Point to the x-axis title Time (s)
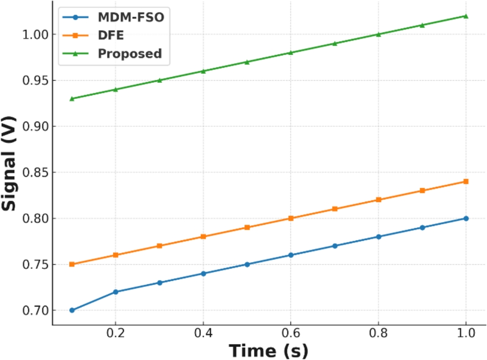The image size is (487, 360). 268,350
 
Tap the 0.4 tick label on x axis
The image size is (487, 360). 203,334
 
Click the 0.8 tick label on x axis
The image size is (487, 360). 378,334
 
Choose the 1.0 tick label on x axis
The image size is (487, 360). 465,334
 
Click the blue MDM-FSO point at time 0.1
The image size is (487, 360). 72,310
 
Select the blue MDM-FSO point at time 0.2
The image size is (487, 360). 116,292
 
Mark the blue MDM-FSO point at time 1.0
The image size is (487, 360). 466,218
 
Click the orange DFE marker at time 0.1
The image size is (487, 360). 72,264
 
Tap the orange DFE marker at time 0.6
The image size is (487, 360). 291,218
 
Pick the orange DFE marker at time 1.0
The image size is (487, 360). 466,181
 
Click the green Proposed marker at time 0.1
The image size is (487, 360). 72,98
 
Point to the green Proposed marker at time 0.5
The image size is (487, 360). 247,62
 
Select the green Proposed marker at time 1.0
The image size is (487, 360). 466,16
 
